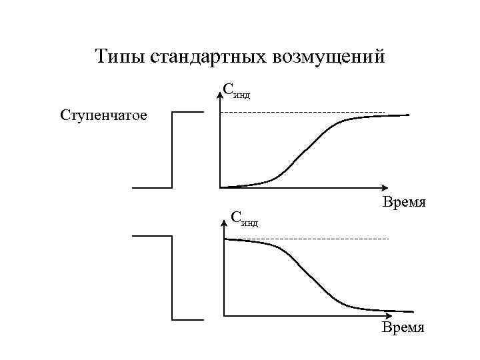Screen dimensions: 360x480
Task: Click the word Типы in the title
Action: tap(120, 57)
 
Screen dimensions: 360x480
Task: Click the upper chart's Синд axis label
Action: tap(237, 91)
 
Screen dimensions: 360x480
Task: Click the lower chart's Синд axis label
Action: tap(244, 218)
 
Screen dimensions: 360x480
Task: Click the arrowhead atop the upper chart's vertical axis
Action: tap(220, 95)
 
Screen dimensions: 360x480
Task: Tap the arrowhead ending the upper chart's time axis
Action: tap(385, 187)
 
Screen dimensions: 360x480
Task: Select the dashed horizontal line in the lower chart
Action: tap(307, 238)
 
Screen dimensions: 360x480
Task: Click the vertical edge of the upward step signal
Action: tap(173, 150)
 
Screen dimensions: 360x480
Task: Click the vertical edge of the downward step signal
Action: tap(173, 277)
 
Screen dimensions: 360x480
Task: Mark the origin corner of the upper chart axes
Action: tap(221, 187)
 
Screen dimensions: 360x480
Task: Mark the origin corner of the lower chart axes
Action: tap(225, 314)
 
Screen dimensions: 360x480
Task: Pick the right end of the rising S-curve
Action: tap(409, 115)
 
